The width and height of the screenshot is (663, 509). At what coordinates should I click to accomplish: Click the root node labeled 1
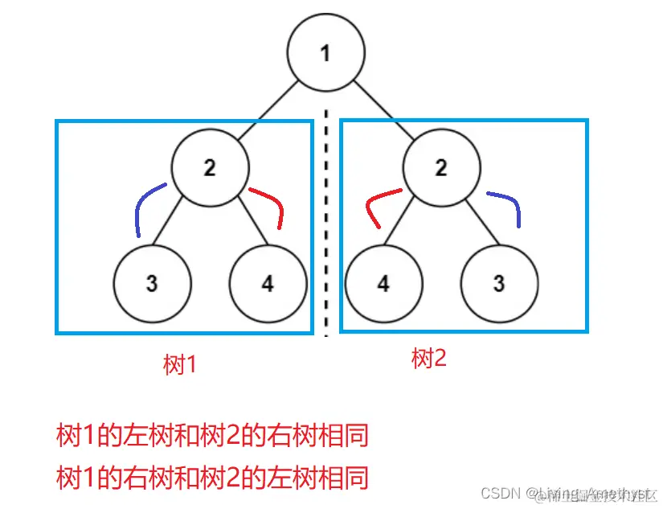pyautogui.click(x=325, y=54)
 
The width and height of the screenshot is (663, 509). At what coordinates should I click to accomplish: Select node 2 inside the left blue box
pyautogui.click(x=210, y=168)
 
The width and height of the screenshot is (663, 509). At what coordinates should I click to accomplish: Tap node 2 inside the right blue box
pyautogui.click(x=441, y=168)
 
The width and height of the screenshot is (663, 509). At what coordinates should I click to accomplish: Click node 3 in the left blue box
pyautogui.click(x=152, y=284)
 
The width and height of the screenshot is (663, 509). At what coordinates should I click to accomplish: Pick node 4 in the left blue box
pyautogui.click(x=268, y=284)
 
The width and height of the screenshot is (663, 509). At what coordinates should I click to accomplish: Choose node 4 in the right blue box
pyautogui.click(x=383, y=284)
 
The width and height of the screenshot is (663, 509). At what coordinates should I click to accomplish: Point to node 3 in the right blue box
pyautogui.click(x=499, y=284)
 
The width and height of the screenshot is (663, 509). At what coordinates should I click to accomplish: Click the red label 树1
pyautogui.click(x=180, y=366)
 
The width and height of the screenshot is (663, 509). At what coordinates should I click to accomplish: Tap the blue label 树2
pyautogui.click(x=428, y=359)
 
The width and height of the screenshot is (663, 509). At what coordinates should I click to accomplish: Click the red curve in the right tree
pyautogui.click(x=378, y=201)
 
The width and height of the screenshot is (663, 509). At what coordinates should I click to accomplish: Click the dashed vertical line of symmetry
pyautogui.click(x=325, y=225)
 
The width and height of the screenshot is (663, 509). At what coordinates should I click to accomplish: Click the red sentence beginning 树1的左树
pyautogui.click(x=212, y=437)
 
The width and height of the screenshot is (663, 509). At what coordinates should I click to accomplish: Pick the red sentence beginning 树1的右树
pyautogui.click(x=212, y=478)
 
